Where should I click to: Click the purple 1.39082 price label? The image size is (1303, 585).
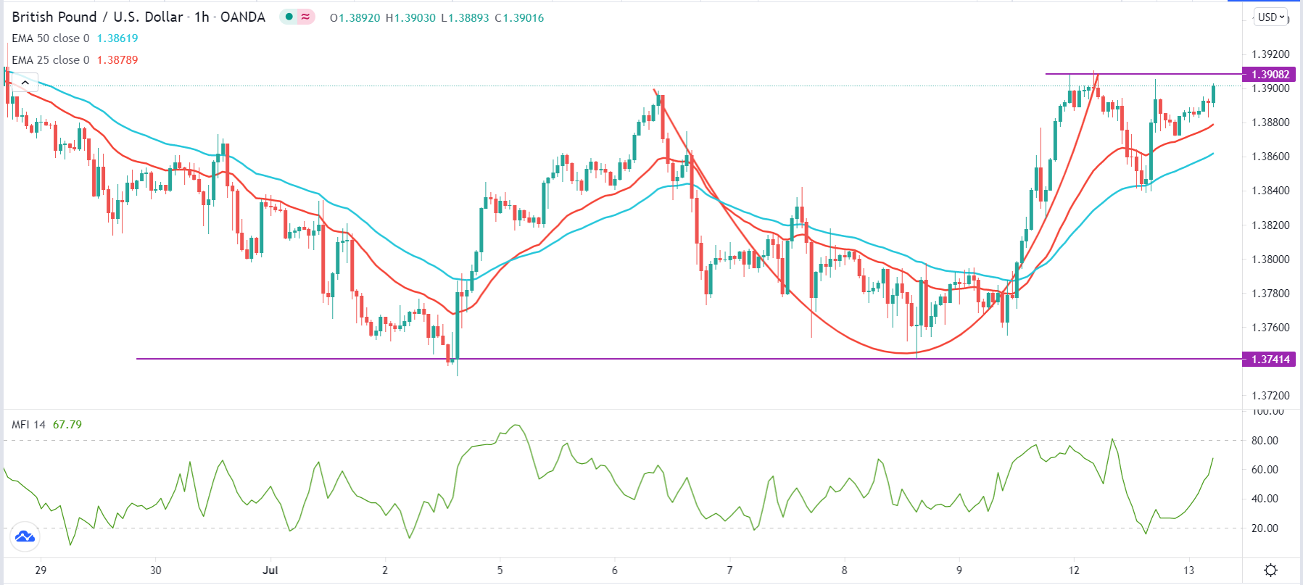(x=1270, y=74)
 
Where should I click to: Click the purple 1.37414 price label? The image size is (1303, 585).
(x=1270, y=359)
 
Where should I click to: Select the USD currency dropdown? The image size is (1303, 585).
(x=1271, y=17)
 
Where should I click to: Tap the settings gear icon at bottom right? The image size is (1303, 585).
(x=1270, y=570)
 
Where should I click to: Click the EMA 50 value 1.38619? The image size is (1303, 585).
(x=117, y=38)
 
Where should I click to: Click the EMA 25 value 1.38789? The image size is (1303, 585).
(x=117, y=60)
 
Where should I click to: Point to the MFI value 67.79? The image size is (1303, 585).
(x=67, y=425)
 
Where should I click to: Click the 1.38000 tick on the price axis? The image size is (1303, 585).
(x=1270, y=260)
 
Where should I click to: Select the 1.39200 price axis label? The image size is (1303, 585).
(x=1270, y=54)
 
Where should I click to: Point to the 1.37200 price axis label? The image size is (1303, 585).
(x=1270, y=396)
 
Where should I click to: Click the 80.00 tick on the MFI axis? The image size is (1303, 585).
(x=1265, y=441)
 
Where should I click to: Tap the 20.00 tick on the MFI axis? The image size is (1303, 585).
(x=1265, y=528)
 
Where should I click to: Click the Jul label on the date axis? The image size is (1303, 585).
(x=270, y=571)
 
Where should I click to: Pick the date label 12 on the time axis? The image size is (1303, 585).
(x=1074, y=571)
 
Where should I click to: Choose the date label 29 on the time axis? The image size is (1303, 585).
(x=41, y=571)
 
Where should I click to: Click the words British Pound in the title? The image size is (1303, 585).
(x=54, y=17)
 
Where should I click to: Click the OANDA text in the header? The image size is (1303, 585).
(x=243, y=17)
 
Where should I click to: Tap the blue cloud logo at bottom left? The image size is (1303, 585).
(x=25, y=537)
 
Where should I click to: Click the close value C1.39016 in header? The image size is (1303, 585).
(x=519, y=18)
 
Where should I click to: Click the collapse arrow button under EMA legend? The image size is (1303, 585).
(x=25, y=83)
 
